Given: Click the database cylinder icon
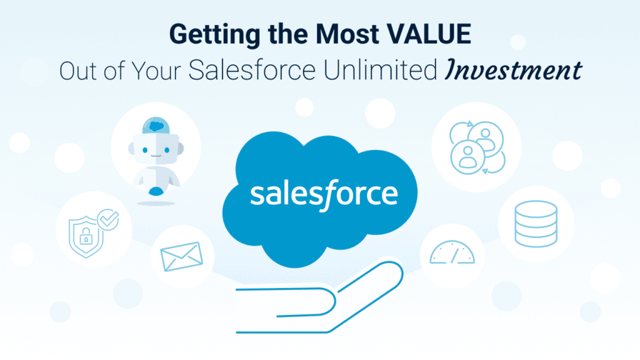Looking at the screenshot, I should (x=535, y=223).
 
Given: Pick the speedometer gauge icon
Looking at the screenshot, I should (x=452, y=251).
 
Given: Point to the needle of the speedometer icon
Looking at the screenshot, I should (x=456, y=253).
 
